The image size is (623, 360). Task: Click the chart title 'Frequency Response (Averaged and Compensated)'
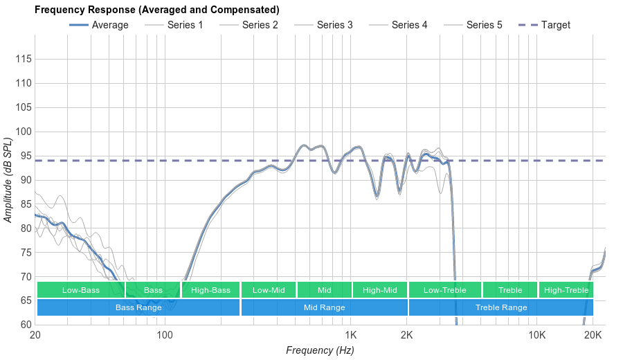click(157, 10)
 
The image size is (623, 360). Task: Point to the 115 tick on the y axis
click(24, 60)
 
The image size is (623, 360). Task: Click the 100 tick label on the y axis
click(24, 132)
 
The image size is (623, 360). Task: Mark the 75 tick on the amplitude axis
click(24, 253)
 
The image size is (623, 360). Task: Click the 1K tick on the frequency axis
click(350, 336)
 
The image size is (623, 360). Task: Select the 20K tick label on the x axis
click(593, 336)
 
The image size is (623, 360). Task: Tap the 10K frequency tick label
click(536, 336)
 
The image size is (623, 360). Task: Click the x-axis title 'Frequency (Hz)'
click(320, 350)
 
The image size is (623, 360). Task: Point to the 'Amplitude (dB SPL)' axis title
click(8, 180)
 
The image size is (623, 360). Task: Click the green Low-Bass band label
click(80, 290)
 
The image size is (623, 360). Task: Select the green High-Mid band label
click(380, 290)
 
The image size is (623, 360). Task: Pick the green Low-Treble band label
click(444, 290)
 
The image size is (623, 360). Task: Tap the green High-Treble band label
click(566, 290)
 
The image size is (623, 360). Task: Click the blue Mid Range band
click(324, 307)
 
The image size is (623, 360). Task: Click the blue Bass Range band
click(138, 307)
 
